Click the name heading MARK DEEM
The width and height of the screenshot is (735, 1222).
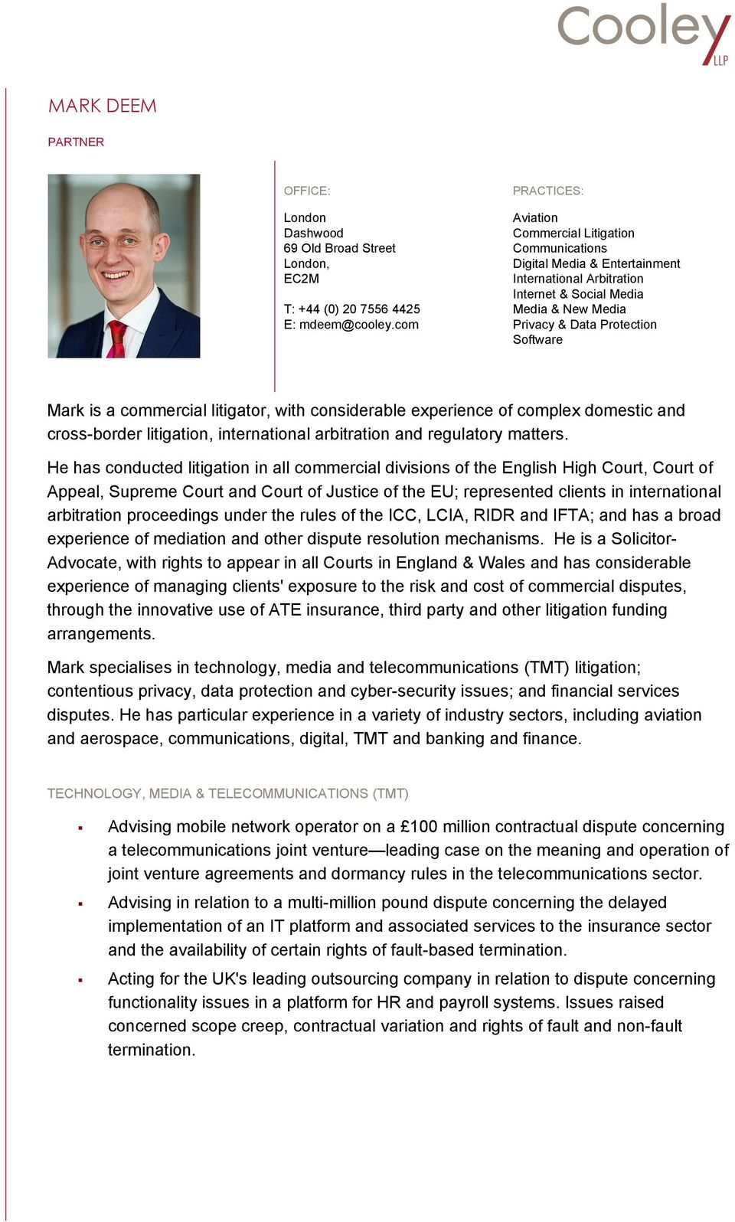[102, 106]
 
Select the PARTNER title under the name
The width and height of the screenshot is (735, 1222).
[76, 142]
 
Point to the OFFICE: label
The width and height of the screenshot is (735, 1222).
[306, 191]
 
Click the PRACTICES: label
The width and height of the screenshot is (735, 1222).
[547, 191]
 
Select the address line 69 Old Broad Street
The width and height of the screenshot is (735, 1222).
[339, 248]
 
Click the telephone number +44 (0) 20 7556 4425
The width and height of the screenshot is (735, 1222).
[359, 309]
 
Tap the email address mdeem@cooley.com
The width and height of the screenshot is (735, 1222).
[358, 325]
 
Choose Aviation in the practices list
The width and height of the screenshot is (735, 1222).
[535, 218]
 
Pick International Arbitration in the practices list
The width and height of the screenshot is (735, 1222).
[577, 279]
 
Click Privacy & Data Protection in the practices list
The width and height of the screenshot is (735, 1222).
[584, 325]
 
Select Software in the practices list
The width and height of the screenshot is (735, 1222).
[537, 340]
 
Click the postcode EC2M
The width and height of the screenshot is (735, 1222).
[301, 279]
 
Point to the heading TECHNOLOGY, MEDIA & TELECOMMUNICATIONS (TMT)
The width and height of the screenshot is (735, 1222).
[227, 793]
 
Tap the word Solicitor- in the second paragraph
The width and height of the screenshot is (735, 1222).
[643, 539]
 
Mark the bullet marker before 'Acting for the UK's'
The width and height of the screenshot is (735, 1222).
[80, 980]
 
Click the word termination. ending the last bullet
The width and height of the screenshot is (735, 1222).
[151, 1050]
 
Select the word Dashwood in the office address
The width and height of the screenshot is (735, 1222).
[313, 233]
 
